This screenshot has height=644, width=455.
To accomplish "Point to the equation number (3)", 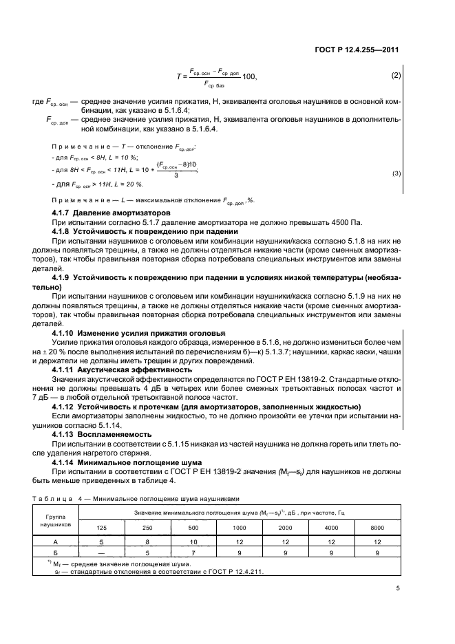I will tap(396, 173).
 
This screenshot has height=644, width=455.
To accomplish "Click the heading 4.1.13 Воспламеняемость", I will tap(98, 435).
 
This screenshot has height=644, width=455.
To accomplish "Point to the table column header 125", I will tap(102, 528).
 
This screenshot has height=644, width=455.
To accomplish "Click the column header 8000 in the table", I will tap(377, 528).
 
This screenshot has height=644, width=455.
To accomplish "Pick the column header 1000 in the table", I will tap(239, 528).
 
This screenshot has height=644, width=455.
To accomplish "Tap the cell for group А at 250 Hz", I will tap(147, 542).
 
